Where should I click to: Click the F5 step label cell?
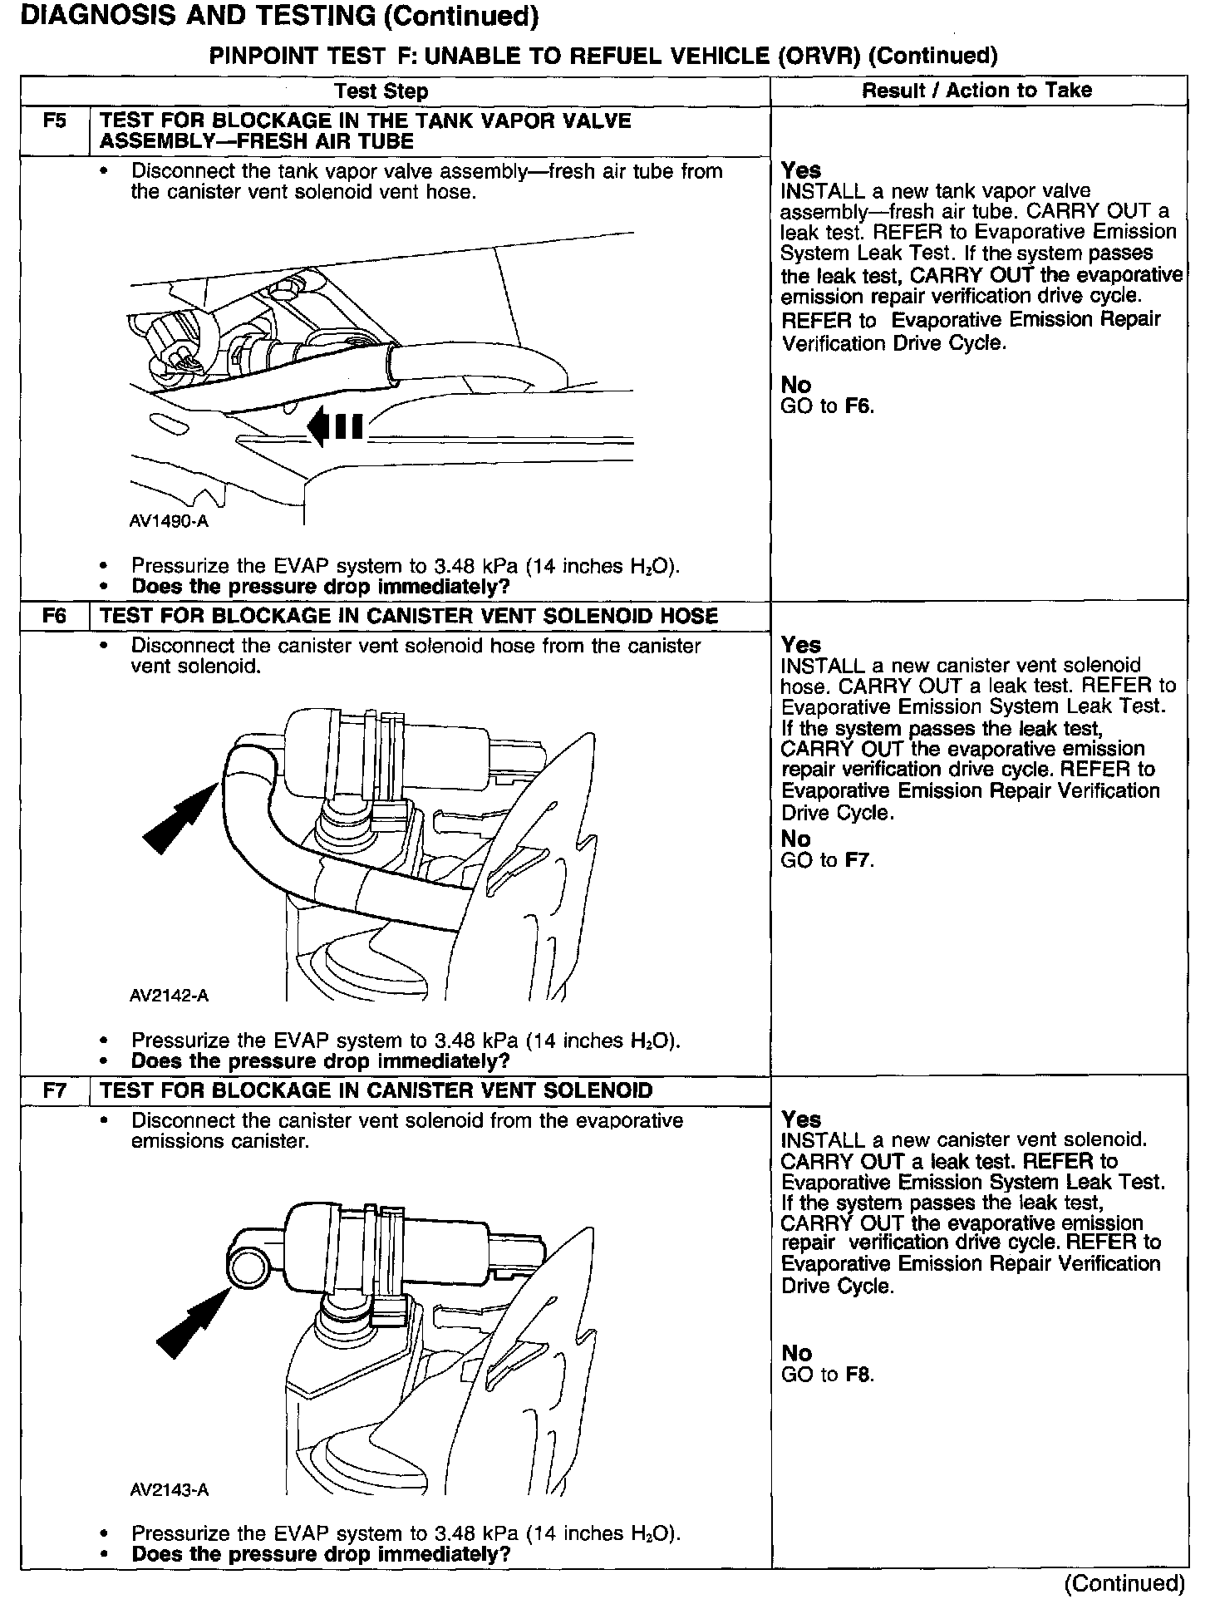click(54, 121)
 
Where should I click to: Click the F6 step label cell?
click(54, 616)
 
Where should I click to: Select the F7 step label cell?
click(54, 1090)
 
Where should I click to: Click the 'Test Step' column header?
click(381, 91)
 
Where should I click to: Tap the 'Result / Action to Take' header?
click(976, 91)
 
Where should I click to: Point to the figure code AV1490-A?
click(169, 522)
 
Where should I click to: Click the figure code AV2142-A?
click(169, 996)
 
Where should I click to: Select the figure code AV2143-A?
click(169, 1490)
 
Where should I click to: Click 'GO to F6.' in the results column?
click(828, 406)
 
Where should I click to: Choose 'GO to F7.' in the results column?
click(828, 860)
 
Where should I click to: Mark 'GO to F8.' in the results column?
click(828, 1374)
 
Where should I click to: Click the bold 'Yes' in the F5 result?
click(801, 170)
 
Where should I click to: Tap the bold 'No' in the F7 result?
click(796, 1353)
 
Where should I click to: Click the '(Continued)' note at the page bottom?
click(1124, 1583)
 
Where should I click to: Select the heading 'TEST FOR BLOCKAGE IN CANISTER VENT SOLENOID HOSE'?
click(408, 616)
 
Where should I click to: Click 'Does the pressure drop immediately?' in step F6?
click(320, 1061)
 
